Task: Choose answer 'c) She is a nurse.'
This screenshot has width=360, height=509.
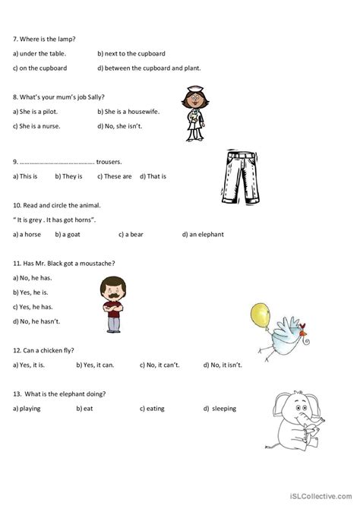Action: [37, 125]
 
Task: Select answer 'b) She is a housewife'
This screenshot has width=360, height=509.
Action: [127, 112]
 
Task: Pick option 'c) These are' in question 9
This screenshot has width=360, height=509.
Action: [115, 176]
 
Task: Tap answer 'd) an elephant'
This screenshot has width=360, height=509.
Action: [203, 235]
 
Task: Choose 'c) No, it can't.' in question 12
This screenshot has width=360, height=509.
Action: [159, 365]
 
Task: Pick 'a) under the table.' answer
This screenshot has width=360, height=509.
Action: [39, 54]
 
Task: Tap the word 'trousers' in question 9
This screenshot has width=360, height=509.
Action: [109, 162]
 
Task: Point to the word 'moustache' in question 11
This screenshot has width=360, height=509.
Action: [95, 263]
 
